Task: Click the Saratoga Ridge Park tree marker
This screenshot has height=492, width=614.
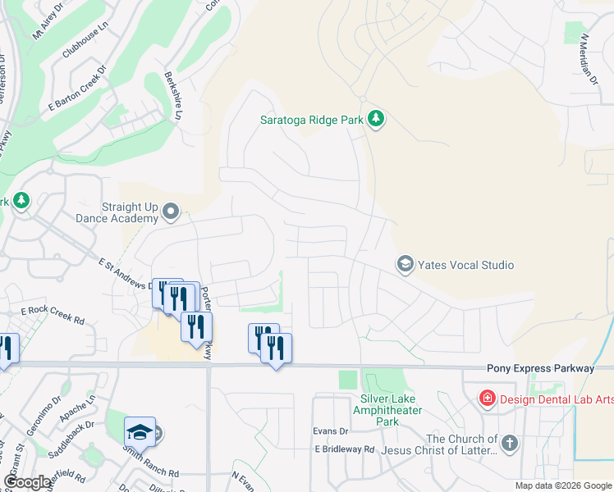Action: [376, 120]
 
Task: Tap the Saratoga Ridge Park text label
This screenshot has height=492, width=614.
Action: [311, 120]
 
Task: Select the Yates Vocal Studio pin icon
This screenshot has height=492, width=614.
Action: [405, 264]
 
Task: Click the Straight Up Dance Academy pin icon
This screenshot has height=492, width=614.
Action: [171, 212]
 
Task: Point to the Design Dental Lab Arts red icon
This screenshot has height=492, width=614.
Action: [488, 399]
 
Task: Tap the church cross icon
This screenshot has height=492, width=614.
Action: [509, 444]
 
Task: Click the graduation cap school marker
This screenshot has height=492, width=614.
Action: [140, 431]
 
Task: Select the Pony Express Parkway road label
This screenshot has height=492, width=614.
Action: [539, 369]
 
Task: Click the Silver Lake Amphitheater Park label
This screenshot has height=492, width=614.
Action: [379, 410]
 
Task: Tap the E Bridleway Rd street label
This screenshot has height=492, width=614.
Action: [344, 449]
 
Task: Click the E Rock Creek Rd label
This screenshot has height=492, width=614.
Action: [53, 312]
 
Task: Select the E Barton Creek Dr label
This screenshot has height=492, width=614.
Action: [78, 92]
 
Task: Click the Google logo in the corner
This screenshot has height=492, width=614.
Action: [28, 482]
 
